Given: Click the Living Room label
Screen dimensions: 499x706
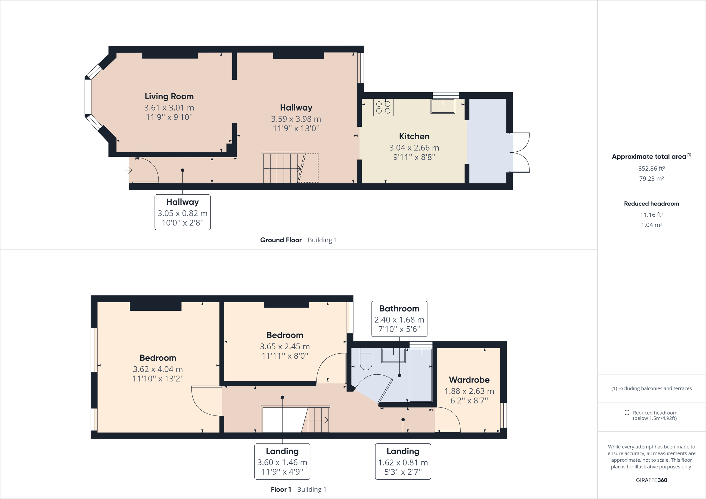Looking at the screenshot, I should point(169,96).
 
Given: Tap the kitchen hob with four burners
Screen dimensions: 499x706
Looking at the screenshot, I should point(383,108).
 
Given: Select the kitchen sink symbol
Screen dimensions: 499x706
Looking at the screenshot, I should point(443,106).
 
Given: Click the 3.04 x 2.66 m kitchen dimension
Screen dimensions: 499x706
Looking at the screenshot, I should point(414,148).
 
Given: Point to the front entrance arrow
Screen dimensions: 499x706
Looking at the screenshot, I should point(128,170).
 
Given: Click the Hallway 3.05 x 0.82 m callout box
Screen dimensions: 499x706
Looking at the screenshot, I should point(182,212).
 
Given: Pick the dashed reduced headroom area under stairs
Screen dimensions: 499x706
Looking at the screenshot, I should point(309,168).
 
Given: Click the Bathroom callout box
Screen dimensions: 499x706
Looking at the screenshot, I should point(399,318).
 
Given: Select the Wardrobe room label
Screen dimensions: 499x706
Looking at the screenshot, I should point(469,380).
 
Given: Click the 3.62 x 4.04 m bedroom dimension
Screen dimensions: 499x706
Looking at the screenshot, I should point(158,369).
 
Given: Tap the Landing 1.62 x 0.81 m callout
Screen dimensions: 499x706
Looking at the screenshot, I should point(403,461).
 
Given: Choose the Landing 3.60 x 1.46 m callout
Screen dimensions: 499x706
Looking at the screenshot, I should point(282,461).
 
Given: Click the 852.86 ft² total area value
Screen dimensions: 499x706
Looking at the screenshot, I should point(651,168).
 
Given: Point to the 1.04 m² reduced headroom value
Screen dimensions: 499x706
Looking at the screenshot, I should point(651,225).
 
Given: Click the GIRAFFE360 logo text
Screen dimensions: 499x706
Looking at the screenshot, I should point(651,480).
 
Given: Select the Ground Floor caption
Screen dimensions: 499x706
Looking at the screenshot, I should point(281,240).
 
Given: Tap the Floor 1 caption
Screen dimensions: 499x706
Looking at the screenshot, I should point(281,490).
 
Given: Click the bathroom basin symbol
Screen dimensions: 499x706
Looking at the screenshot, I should point(393,356).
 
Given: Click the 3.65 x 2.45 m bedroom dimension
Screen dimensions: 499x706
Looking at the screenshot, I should point(285,346).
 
